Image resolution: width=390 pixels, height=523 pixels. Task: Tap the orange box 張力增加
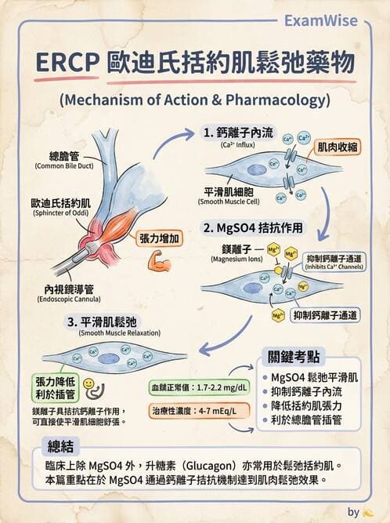(x=161, y=238)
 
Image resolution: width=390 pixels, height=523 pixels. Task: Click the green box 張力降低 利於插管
(x=55, y=387)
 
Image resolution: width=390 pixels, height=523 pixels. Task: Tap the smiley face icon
(x=89, y=384)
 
